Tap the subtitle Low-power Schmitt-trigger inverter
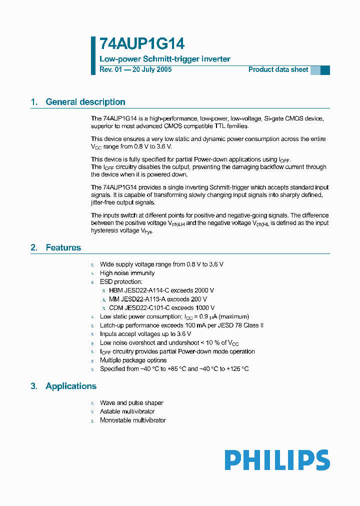pyautogui.click(x=165, y=59)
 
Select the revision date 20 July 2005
pyautogui.click(x=151, y=69)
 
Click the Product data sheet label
pyautogui.click(x=278, y=69)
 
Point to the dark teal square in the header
pyautogui.click(x=325, y=70)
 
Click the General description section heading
pyautogui.click(x=85, y=102)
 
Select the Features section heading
pyautogui.click(x=63, y=247)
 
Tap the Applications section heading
pyautogui.click(x=70, y=386)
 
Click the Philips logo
pyautogui.click(x=277, y=460)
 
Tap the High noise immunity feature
pyautogui.click(x=127, y=273)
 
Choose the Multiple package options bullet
pyautogui.click(x=133, y=360)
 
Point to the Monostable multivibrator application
pyautogui.click(x=132, y=420)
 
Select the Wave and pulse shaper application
pyautogui.click(x=131, y=403)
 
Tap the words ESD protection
pyautogui.click(x=121, y=282)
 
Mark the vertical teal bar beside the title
pyautogui.click(x=93, y=55)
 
